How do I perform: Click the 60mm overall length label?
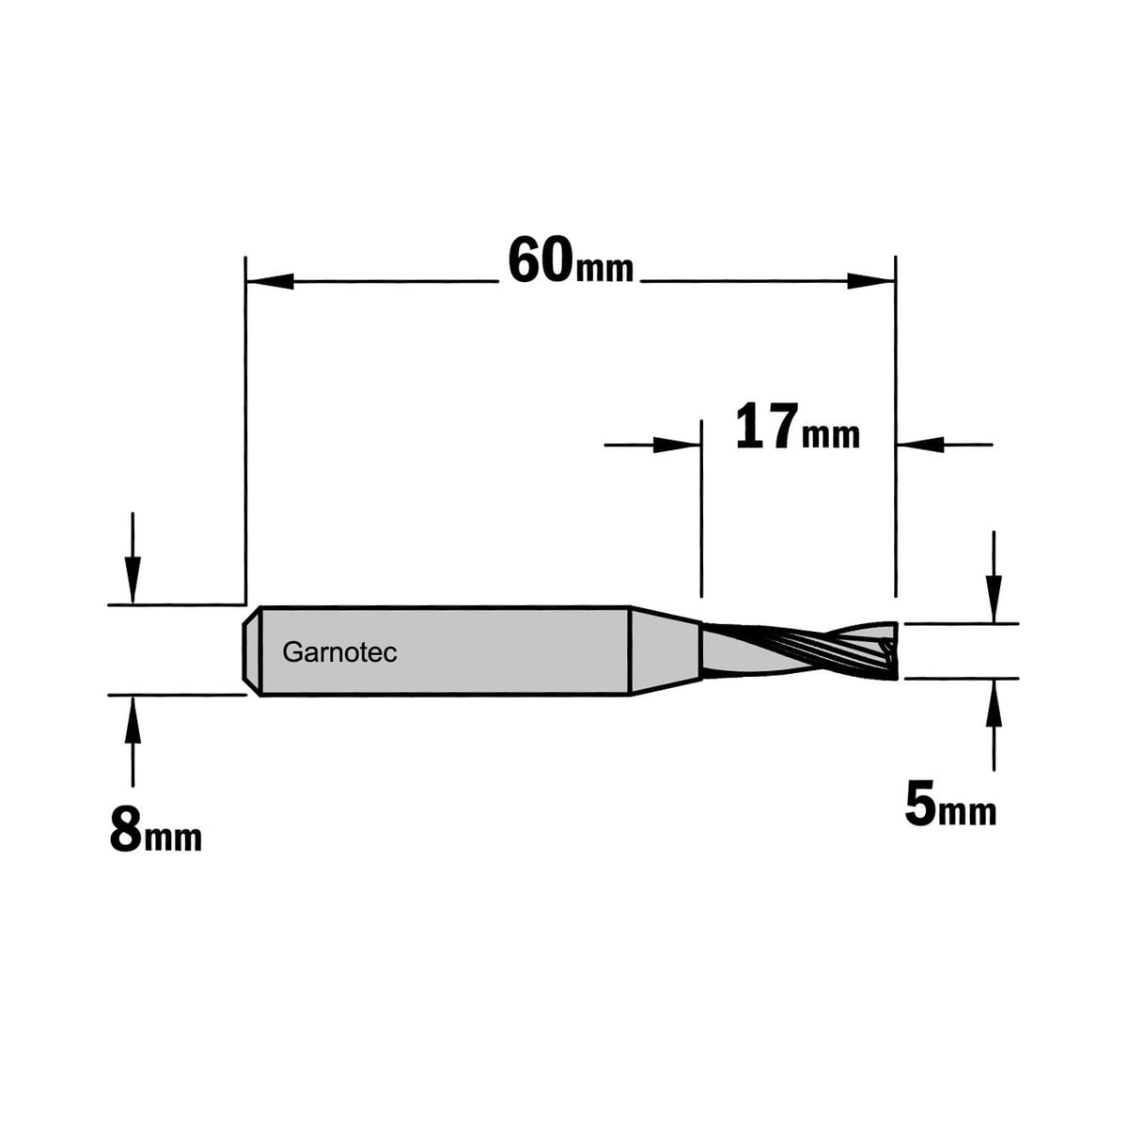pyautogui.click(x=571, y=261)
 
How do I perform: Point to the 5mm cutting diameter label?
pyautogui.click(x=950, y=807)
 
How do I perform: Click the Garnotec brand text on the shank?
pyautogui.click(x=339, y=652)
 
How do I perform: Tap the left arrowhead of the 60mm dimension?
pyautogui.click(x=270, y=281)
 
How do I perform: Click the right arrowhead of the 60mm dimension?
pyautogui.click(x=871, y=281)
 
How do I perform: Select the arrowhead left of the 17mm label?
pyautogui.click(x=677, y=445)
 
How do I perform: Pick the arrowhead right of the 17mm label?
pyautogui.click(x=920, y=445)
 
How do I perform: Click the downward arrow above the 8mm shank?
pyautogui.click(x=133, y=557)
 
